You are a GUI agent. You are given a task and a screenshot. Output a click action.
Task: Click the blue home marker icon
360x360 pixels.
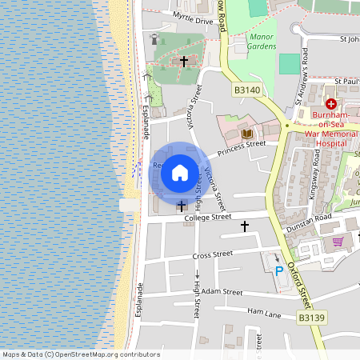click(180, 172)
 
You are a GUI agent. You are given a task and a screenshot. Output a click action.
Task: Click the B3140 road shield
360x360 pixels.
click(247, 91)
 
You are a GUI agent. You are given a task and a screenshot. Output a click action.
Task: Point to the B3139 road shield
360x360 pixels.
click(312, 318)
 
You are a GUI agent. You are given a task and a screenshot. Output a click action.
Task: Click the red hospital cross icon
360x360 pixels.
click(331, 104)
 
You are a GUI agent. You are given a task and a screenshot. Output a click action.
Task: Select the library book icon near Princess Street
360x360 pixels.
click(246, 133)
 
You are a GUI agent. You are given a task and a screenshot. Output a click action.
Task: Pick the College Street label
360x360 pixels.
click(207, 217)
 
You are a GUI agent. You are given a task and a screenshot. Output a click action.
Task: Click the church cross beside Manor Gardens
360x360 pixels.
click(184, 61)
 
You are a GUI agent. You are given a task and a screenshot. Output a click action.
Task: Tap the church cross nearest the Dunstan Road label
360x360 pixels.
click(245, 226)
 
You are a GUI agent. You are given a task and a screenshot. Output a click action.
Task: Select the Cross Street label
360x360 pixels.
click(212, 254)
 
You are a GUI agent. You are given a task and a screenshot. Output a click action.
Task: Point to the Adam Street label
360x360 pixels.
click(222, 293)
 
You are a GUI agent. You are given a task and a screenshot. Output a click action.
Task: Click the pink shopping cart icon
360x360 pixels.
click(338, 241)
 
